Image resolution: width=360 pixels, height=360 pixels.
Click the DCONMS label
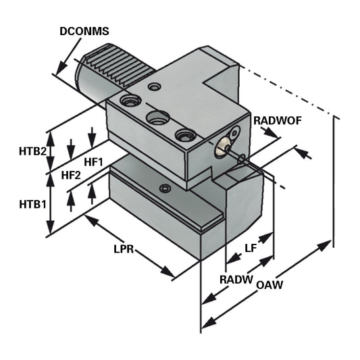84,31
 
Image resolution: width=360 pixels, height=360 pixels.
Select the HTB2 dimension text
32,151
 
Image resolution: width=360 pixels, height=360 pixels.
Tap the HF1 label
93,162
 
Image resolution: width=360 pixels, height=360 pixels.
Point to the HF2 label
71,176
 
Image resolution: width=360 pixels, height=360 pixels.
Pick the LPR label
124,249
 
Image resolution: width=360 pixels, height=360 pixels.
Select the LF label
250,248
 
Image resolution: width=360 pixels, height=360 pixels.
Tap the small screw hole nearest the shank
155,86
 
